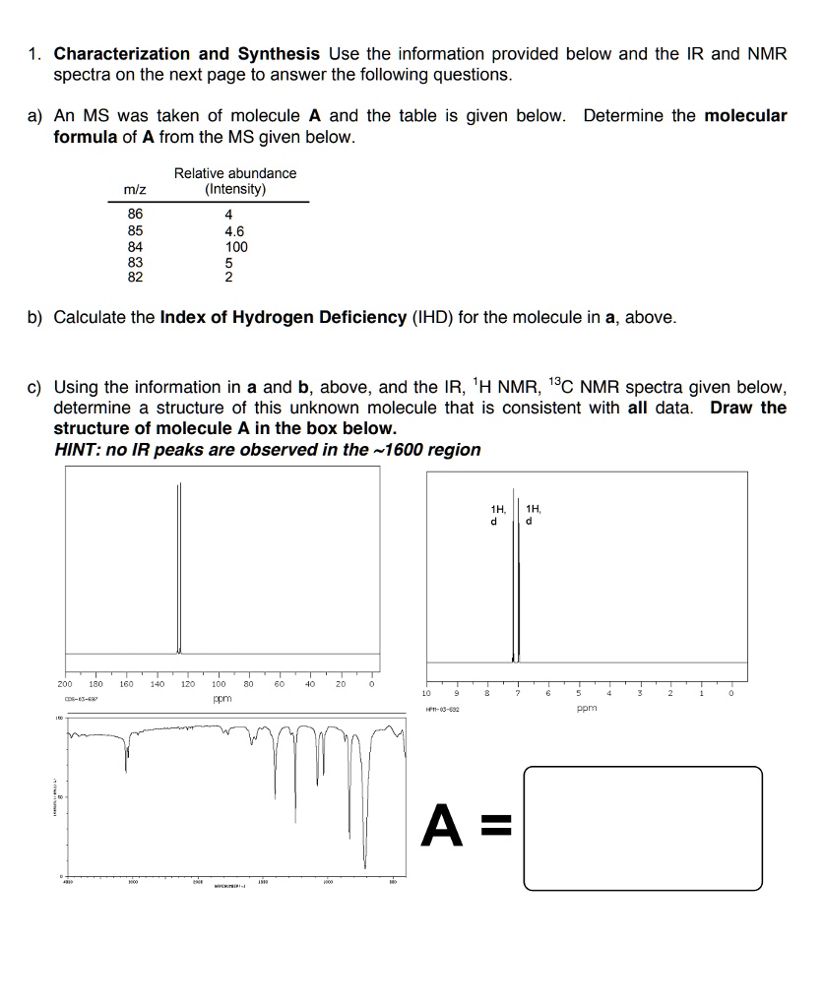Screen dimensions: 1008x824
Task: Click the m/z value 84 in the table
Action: point(135,247)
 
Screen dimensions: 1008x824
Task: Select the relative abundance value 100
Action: point(236,247)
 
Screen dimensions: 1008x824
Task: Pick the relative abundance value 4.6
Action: point(235,231)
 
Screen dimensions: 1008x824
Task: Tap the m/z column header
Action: point(135,189)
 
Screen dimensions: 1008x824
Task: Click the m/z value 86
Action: point(135,215)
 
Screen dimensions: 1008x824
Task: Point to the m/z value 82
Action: point(135,278)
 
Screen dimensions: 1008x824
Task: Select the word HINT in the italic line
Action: point(76,450)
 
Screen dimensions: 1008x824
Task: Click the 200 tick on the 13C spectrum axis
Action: point(65,682)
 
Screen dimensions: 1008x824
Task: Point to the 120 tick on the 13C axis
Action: point(188,682)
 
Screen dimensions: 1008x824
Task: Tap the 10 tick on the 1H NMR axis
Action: point(425,693)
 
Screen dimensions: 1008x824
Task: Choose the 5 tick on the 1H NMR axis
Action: point(579,693)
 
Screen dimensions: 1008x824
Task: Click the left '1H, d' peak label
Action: point(497,515)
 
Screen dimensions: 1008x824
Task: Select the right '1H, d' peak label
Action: point(533,515)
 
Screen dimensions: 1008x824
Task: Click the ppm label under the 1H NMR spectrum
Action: point(587,707)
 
